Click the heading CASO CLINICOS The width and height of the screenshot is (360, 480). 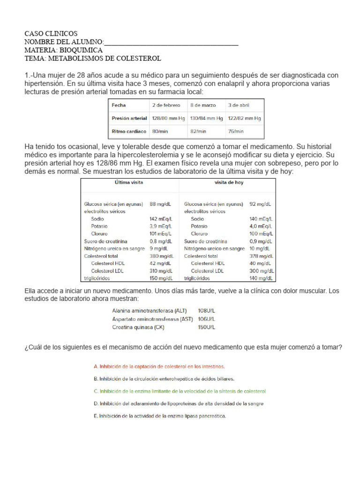pyautogui.click(x=51, y=34)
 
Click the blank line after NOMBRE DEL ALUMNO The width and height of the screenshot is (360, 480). pyautogui.click(x=171, y=42)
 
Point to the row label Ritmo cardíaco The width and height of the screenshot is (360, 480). pyautogui.click(x=128, y=132)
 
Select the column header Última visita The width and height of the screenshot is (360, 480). pyautogui.click(x=129, y=182)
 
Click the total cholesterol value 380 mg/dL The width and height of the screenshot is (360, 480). pyautogui.click(x=160, y=256)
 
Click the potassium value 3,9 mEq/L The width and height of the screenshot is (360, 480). pyautogui.click(x=160, y=226)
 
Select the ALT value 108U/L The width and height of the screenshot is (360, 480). pyautogui.click(x=207, y=311)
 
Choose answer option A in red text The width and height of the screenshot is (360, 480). pyautogui.click(x=159, y=366)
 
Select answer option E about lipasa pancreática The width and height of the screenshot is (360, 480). pyautogui.click(x=160, y=416)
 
